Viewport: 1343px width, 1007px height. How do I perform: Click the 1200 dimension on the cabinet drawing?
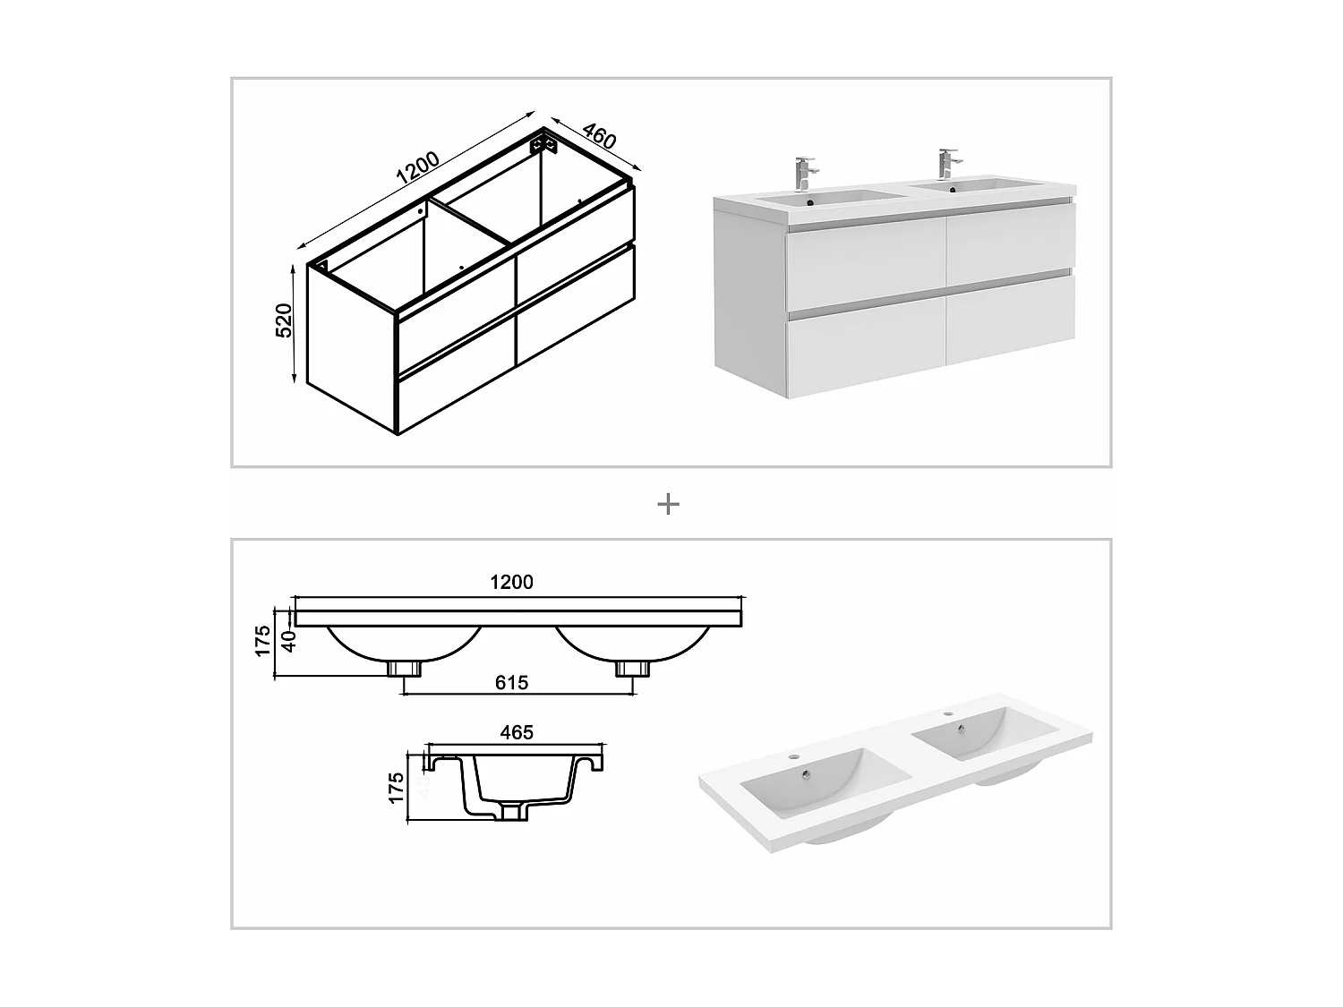tap(417, 169)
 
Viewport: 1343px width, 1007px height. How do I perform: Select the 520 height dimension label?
tap(284, 320)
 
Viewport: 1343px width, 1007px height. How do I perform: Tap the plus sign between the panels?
tap(668, 505)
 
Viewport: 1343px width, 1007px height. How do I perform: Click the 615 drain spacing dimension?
tap(511, 683)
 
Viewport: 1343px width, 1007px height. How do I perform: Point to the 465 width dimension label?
tap(517, 732)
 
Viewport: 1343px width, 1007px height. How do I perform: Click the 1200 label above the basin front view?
tap(511, 582)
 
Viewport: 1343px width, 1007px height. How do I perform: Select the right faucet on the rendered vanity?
tap(945, 163)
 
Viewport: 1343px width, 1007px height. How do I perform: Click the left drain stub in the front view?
tap(405, 668)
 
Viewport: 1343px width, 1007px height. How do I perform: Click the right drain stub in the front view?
tap(633, 668)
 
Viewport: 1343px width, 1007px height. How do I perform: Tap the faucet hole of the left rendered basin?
tap(792, 758)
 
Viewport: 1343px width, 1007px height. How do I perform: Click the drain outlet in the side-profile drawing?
tap(515, 812)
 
